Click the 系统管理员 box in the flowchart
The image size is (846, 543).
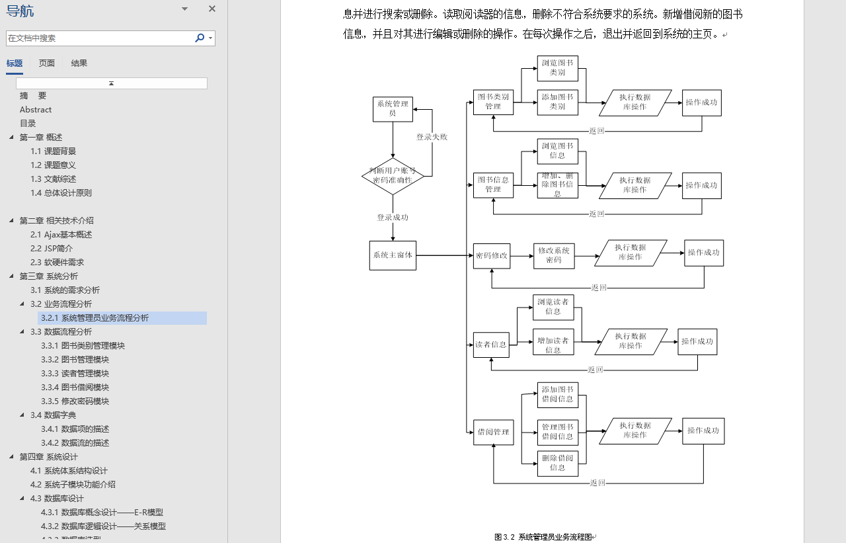(x=393, y=109)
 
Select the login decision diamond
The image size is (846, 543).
(x=393, y=176)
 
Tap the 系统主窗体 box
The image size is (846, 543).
(x=393, y=255)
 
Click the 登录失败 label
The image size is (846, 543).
(x=432, y=137)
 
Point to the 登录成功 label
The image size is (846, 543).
(x=393, y=218)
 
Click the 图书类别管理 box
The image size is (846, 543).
(x=493, y=102)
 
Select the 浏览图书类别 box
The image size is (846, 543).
(x=558, y=68)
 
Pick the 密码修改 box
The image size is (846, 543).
(x=492, y=255)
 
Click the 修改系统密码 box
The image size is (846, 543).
(x=554, y=256)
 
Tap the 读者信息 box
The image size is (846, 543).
(x=491, y=345)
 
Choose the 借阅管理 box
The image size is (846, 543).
(x=493, y=433)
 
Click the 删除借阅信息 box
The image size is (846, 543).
(x=558, y=463)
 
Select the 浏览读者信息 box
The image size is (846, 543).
(x=553, y=307)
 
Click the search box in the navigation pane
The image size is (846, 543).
(x=99, y=38)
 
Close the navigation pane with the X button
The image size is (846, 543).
(x=212, y=9)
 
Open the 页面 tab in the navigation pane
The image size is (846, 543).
(x=47, y=63)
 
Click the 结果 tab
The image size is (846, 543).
(x=79, y=63)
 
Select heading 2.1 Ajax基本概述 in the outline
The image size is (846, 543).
(x=61, y=235)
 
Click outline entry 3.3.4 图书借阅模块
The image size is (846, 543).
(x=75, y=388)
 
